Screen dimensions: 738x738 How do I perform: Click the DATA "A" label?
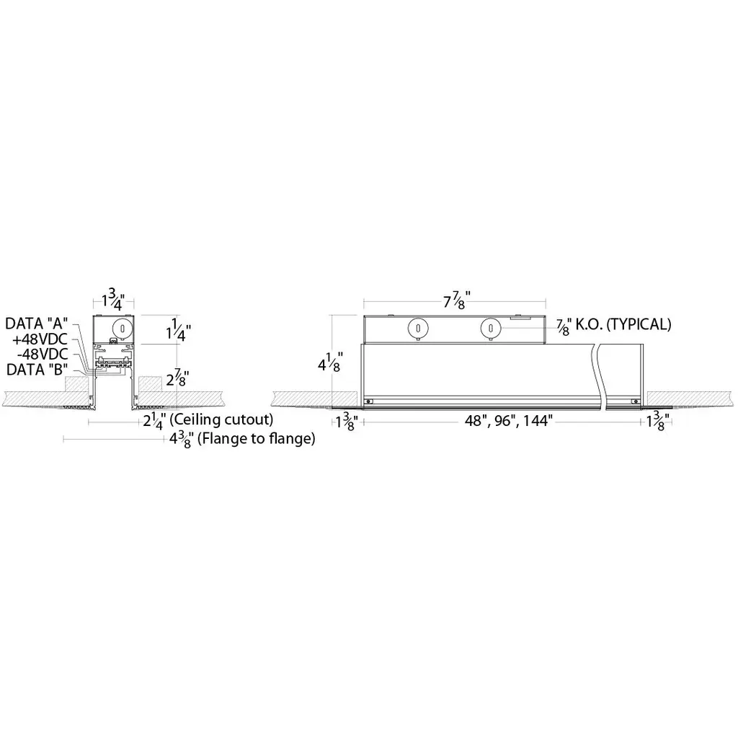tap(37, 324)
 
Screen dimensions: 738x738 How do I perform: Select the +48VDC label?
tap(40, 339)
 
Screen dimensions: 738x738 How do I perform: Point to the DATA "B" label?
tap(37, 370)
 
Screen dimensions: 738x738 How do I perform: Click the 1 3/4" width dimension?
tap(113, 299)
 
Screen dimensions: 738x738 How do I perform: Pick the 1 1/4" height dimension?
tap(179, 329)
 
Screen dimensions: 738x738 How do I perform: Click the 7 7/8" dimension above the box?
tap(456, 300)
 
